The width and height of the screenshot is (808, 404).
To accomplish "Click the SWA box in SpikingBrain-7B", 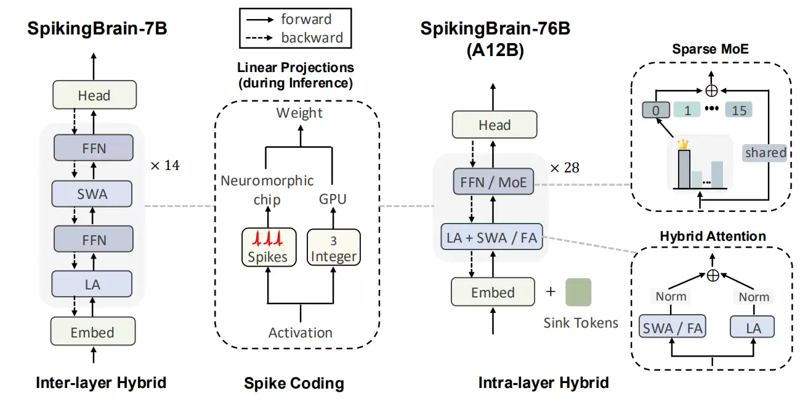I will pyautogui.click(x=92, y=193).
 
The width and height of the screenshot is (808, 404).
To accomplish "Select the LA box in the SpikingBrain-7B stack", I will pyautogui.click(x=92, y=285).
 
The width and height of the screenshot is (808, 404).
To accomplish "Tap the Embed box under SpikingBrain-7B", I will pyautogui.click(x=92, y=332).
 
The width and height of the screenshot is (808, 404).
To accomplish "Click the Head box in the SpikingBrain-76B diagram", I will pyautogui.click(x=494, y=125).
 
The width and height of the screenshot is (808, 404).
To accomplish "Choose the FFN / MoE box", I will pyautogui.click(x=494, y=182).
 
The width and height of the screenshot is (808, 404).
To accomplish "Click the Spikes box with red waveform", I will pyautogui.click(x=267, y=248).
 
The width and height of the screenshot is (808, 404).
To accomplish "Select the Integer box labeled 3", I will pyautogui.click(x=333, y=248).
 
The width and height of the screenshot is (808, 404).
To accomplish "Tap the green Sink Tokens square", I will pyautogui.click(x=578, y=293).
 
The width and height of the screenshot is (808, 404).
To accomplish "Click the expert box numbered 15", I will pyautogui.click(x=739, y=111).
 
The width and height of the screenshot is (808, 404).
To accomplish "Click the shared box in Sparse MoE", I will pyautogui.click(x=766, y=152).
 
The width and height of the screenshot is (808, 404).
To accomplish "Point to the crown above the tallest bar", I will pyautogui.click(x=682, y=143).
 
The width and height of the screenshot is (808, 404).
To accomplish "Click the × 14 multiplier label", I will pyautogui.click(x=164, y=165).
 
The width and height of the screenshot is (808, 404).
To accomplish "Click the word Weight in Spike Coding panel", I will pyautogui.click(x=299, y=113).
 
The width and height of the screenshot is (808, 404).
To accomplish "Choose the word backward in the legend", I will pyautogui.click(x=312, y=38).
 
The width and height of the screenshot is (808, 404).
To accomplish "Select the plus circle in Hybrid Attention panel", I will pyautogui.click(x=713, y=276).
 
